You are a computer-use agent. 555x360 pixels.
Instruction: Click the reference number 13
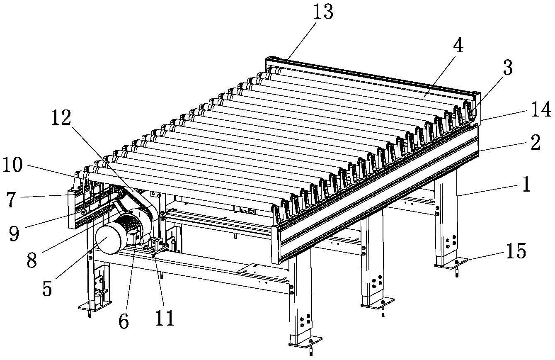[x=323, y=12]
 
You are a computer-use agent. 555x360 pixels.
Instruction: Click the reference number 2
[x=535, y=143]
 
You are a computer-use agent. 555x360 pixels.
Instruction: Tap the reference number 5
[x=47, y=289]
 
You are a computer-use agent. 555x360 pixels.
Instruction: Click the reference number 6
[x=123, y=321]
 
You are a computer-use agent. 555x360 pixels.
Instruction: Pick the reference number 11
[x=165, y=319]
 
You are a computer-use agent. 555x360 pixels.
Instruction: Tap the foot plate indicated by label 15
[x=451, y=263]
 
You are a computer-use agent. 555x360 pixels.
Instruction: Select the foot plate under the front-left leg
[x=305, y=341]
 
